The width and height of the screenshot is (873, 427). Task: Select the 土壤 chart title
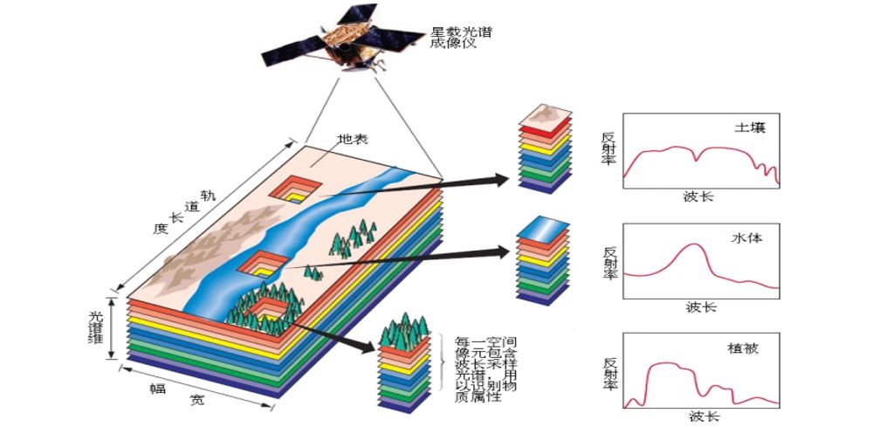[750, 127]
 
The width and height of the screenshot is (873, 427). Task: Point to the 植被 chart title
[743, 348]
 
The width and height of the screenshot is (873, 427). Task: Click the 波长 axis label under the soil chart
[698, 196]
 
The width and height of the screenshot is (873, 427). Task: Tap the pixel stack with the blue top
[542, 261]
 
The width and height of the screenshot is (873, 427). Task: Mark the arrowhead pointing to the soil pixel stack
[499, 180]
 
